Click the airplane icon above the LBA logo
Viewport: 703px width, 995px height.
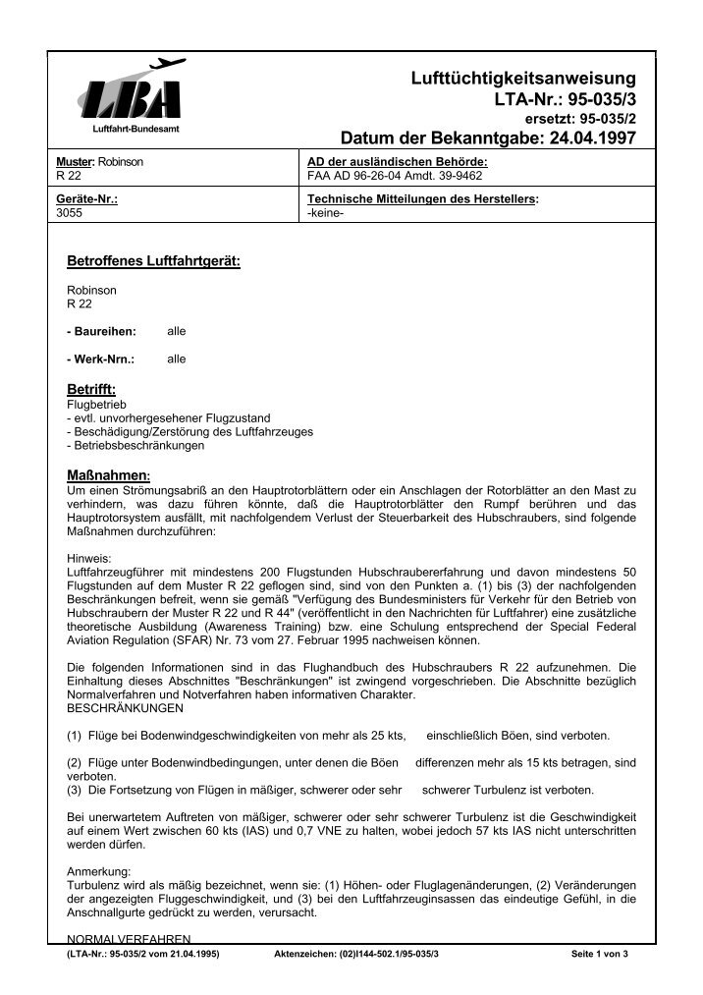coord(168,64)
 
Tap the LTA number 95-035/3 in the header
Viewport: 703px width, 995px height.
coord(568,99)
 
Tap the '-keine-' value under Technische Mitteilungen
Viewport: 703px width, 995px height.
coord(323,210)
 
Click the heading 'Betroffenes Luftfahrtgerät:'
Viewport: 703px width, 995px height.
coord(152,262)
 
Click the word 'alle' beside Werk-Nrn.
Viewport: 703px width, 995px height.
coord(176,359)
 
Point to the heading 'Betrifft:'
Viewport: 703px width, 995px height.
coord(90,390)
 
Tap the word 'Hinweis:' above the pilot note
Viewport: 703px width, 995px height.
coord(88,557)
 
